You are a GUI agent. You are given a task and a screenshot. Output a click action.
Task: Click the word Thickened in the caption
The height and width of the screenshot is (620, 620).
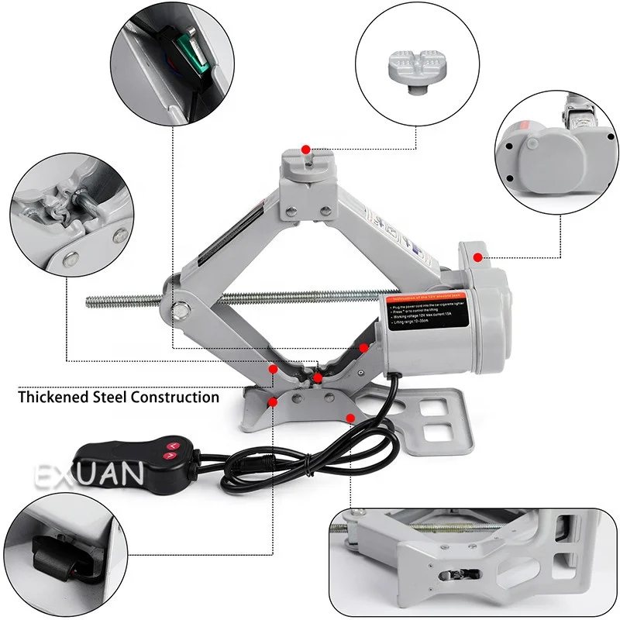point(51,398)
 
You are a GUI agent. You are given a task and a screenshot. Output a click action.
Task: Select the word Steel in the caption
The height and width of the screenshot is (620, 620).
point(108,398)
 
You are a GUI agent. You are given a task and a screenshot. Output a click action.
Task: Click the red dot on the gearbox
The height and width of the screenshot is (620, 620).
point(478,257)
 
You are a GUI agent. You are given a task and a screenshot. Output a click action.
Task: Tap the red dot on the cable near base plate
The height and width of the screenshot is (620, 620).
point(351,418)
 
